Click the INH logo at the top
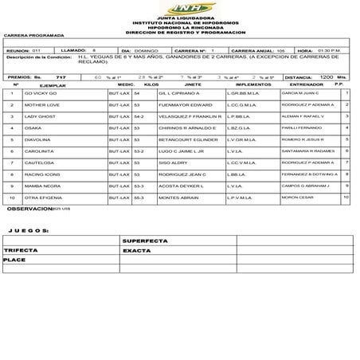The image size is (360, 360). click(179, 8)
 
